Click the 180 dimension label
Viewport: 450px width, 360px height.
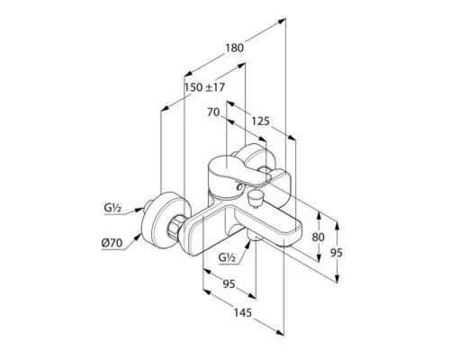point(234,48)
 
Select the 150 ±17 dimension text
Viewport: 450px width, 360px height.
point(204,87)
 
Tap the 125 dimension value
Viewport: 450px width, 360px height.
point(260,121)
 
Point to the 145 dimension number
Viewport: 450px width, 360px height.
point(242,313)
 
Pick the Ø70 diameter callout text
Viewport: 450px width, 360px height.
point(112,243)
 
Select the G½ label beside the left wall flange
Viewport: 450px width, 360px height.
point(112,207)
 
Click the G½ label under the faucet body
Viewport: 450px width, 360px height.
point(227,257)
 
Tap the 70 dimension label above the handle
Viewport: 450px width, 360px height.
point(213,112)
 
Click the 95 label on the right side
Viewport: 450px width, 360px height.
point(336,253)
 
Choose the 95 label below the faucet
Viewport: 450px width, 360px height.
point(229,283)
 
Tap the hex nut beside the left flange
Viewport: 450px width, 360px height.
point(176,227)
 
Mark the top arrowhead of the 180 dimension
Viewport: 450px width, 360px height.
point(282,21)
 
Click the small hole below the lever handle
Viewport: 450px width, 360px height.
point(239,187)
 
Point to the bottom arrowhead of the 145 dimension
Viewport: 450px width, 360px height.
point(280,332)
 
